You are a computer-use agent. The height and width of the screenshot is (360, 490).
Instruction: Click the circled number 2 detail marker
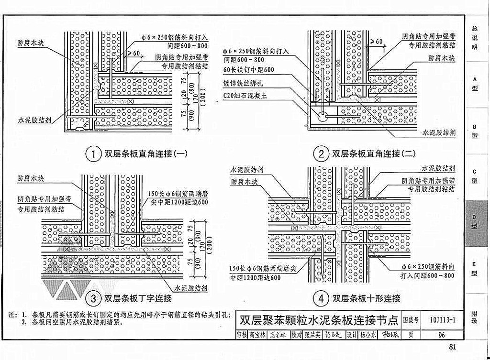click(x=320, y=154)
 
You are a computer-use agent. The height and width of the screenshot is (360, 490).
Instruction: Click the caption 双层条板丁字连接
click(x=138, y=299)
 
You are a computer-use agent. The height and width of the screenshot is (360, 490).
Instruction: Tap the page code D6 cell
click(x=441, y=335)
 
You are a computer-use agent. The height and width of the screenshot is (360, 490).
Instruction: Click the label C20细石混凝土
click(x=248, y=96)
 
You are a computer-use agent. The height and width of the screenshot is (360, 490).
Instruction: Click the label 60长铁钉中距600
click(x=249, y=70)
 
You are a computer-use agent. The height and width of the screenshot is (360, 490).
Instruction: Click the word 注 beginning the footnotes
click(x=13, y=315)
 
